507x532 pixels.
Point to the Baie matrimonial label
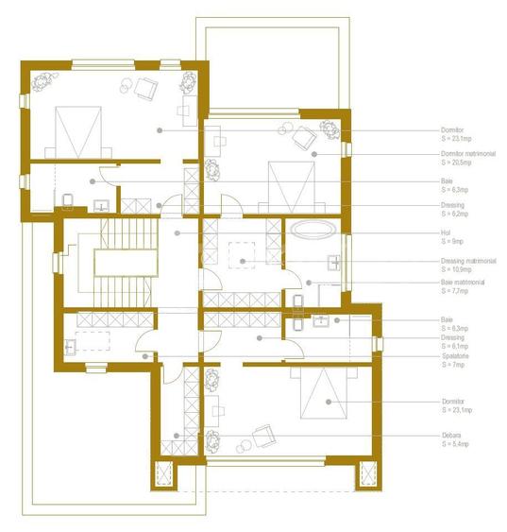click(x=462, y=282)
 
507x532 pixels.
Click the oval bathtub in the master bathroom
click(x=311, y=229)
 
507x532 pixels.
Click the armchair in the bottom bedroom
click(x=264, y=437)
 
